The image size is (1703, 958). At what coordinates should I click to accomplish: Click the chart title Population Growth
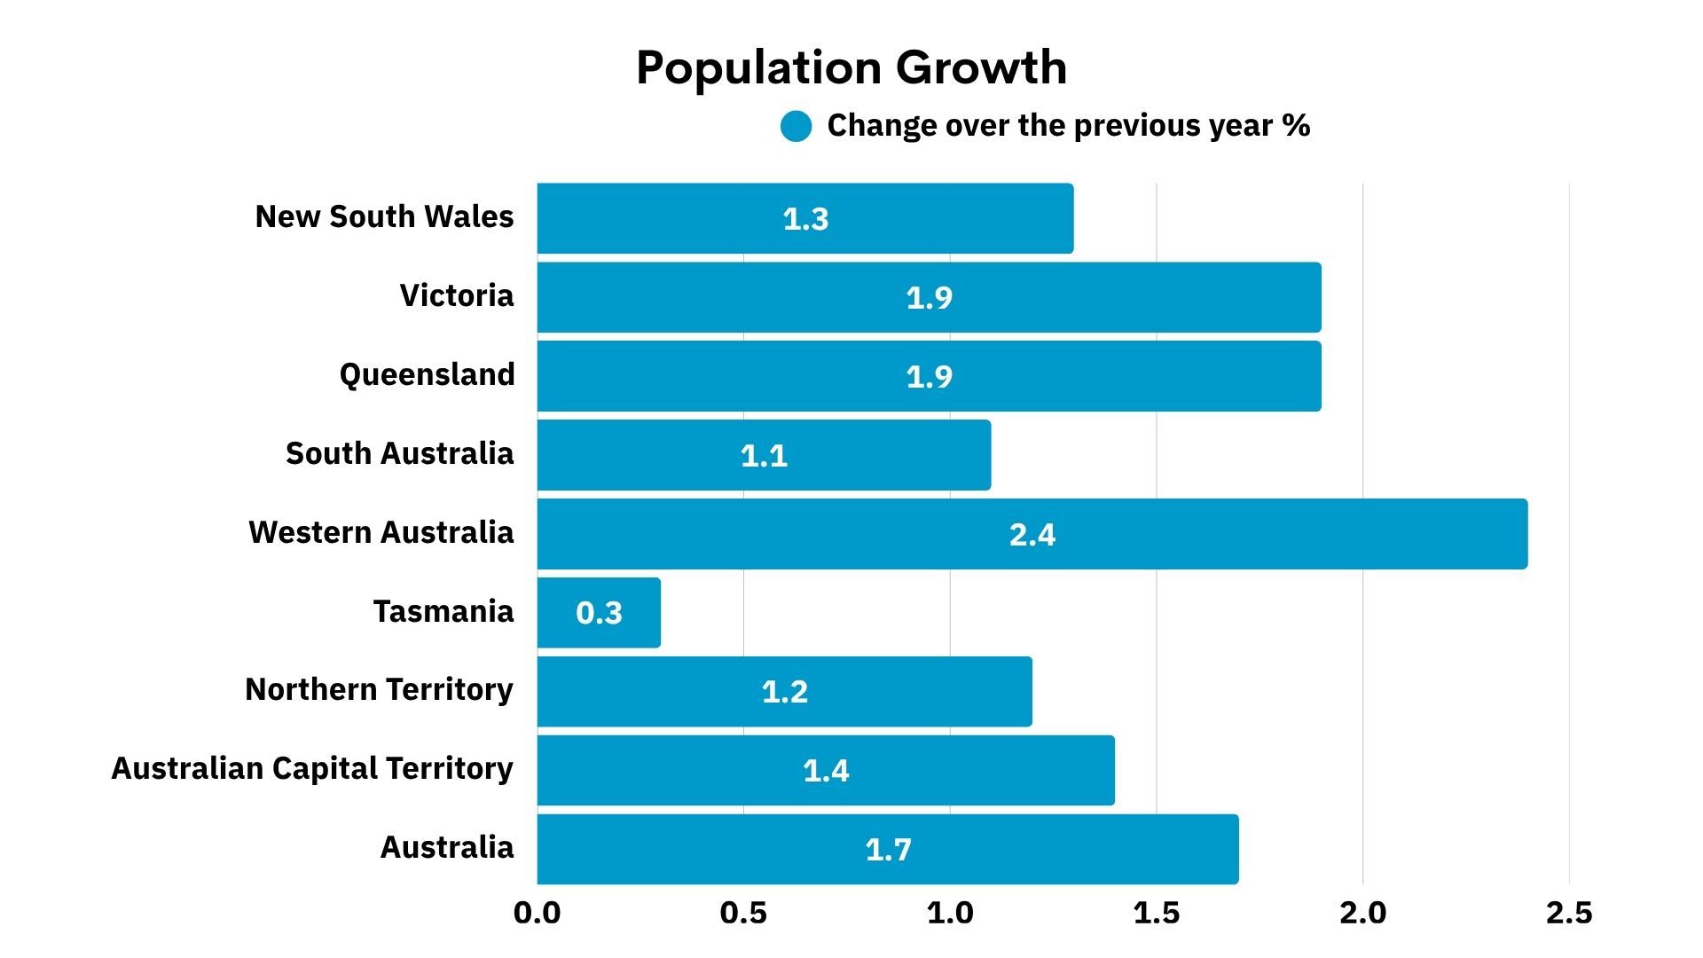[851, 67]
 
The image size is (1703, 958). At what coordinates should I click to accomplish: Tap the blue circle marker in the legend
[796, 127]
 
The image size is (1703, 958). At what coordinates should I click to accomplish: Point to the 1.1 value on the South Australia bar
[764, 456]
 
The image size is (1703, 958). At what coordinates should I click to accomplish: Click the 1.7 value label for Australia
[888, 850]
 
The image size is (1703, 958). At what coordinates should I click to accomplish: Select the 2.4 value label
[1032, 535]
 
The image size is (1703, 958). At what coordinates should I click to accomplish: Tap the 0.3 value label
[599, 613]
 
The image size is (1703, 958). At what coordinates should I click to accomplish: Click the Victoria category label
[456, 295]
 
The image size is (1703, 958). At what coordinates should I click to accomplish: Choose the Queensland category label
[427, 374]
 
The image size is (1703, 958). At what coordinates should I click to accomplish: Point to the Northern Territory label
[379, 689]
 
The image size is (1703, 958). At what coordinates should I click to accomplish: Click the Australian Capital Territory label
[312, 768]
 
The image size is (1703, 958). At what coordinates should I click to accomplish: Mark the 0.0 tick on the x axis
[537, 913]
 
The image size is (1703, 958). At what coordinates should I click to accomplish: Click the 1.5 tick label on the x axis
[1156, 913]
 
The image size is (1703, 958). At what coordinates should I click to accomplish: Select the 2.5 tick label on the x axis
[1568, 913]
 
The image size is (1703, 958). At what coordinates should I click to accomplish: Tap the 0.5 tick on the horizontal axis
[743, 913]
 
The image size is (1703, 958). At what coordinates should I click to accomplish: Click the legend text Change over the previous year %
[1068, 126]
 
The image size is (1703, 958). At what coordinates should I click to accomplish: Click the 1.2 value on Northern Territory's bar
[785, 692]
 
